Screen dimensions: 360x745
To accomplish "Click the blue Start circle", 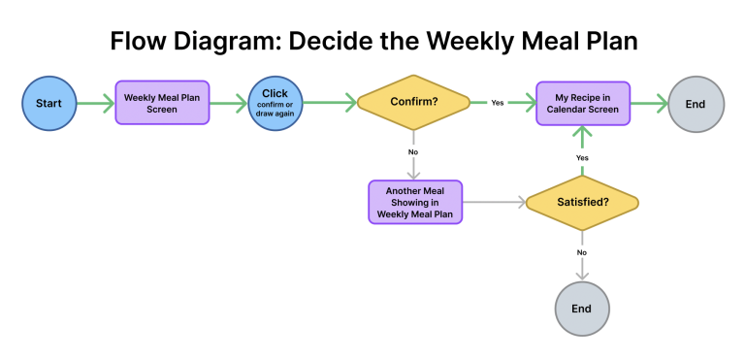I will [x=49, y=102].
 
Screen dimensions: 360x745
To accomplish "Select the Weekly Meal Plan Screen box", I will [x=162, y=102].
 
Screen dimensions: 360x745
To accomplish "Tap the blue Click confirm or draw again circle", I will [x=275, y=102].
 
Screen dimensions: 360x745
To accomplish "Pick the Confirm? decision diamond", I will [x=413, y=102].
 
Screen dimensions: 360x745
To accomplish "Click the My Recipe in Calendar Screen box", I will [x=583, y=102].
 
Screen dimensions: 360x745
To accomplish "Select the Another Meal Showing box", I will [x=415, y=202].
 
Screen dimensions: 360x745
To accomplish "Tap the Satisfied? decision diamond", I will [x=582, y=202].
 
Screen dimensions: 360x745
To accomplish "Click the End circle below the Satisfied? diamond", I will [x=581, y=309].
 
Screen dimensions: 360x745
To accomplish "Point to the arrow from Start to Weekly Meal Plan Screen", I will [x=95, y=102].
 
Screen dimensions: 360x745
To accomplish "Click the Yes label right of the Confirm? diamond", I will [x=497, y=102].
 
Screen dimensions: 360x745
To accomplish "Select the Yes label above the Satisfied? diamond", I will [x=582, y=157].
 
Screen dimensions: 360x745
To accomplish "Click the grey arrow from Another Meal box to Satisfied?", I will [x=494, y=202].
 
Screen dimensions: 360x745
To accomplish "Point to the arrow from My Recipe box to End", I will [x=648, y=102].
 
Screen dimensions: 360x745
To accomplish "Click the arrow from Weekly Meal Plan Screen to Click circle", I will [x=227, y=102].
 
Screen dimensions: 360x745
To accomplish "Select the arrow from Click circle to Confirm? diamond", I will [x=329, y=102].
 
